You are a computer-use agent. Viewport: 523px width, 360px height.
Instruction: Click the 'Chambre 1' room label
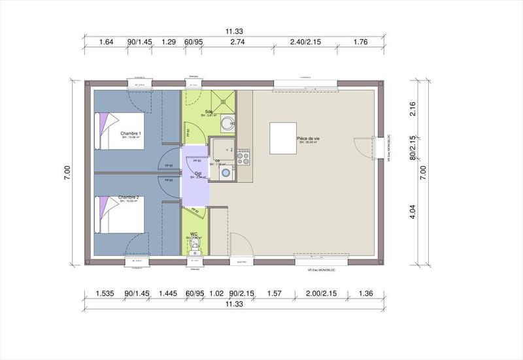pos(131,133)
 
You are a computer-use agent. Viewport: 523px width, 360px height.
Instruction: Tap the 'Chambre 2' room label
pos(129,197)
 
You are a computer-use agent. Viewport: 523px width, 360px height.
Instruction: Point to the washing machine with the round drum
pos(226,172)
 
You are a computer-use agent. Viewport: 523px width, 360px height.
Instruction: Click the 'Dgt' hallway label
pos(197,173)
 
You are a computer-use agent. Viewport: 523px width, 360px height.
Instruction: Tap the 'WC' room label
pos(194,233)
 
